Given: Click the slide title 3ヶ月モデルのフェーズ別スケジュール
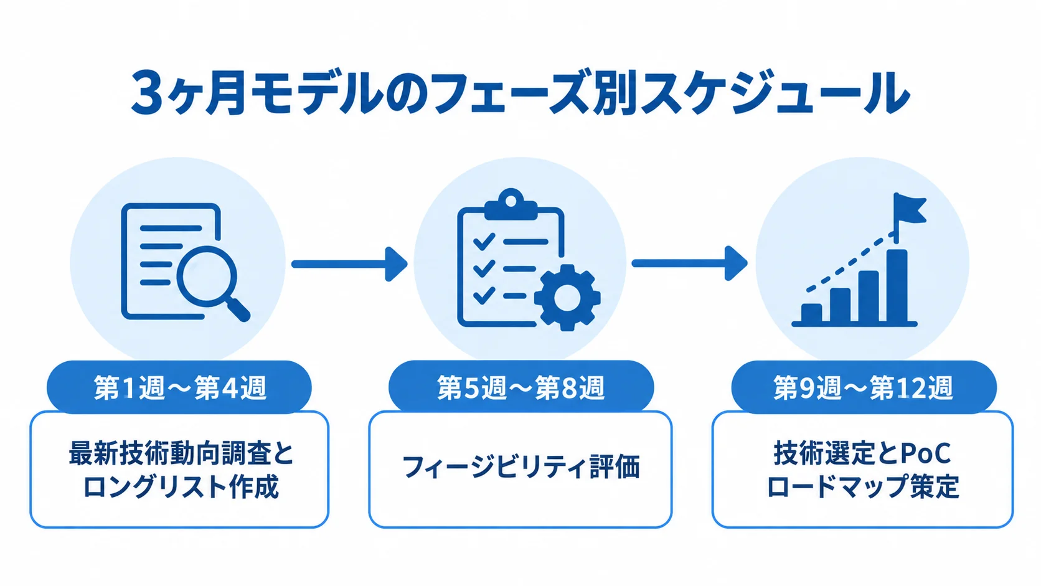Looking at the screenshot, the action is pyautogui.click(x=520, y=93).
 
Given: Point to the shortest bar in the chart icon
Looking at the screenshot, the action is pyautogui.click(x=811, y=312).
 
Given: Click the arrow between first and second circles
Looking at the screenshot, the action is pyautogui.click(x=349, y=264).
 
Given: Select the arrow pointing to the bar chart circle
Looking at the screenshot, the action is pyautogui.click(x=690, y=263).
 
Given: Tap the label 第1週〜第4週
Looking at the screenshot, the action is pyautogui.click(x=179, y=387).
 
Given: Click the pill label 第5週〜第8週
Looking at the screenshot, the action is pyautogui.click(x=521, y=387).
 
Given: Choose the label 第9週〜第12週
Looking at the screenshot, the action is pyautogui.click(x=864, y=387).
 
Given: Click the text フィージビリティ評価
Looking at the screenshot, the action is pyautogui.click(x=520, y=467).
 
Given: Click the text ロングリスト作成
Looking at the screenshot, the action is pyautogui.click(x=181, y=486).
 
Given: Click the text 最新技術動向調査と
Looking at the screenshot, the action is pyautogui.click(x=181, y=453).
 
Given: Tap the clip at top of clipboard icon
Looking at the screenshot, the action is pyautogui.click(x=511, y=204).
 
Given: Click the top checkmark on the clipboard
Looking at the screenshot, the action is pyautogui.click(x=483, y=242).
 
